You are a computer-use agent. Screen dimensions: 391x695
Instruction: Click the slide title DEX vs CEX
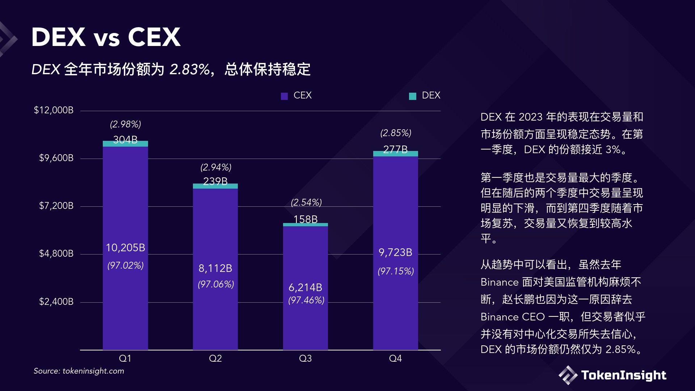(106, 37)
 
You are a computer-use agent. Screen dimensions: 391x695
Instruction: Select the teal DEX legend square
(412, 96)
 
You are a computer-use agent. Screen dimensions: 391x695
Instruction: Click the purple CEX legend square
(284, 96)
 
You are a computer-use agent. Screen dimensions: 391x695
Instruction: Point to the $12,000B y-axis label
(54, 110)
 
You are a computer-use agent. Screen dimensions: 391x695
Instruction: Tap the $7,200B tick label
(56, 206)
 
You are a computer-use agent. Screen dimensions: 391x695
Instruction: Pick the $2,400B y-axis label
(56, 302)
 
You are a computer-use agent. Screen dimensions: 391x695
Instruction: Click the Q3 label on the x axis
(305, 358)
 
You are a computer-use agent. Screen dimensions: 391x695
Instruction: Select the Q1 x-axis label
(125, 358)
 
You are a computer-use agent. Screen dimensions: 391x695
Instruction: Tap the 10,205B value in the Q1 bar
(125, 248)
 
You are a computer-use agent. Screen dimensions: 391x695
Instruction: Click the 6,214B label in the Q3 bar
(305, 287)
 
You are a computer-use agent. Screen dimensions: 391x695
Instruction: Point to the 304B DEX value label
(125, 139)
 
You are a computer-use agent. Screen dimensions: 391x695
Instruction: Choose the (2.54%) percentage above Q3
(306, 202)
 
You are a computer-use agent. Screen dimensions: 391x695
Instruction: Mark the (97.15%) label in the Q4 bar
(396, 271)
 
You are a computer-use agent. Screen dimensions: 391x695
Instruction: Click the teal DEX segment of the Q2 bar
(215, 186)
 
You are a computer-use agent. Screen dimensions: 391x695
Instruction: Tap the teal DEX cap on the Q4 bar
(396, 154)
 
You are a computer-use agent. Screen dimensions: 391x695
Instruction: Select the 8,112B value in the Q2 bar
(215, 268)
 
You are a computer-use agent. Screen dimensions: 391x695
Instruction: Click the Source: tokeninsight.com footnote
(79, 371)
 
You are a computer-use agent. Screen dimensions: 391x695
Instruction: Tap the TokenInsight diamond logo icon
(568, 375)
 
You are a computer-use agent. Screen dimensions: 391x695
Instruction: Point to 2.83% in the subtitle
(190, 69)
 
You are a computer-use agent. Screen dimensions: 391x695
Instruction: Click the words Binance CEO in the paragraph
(513, 317)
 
